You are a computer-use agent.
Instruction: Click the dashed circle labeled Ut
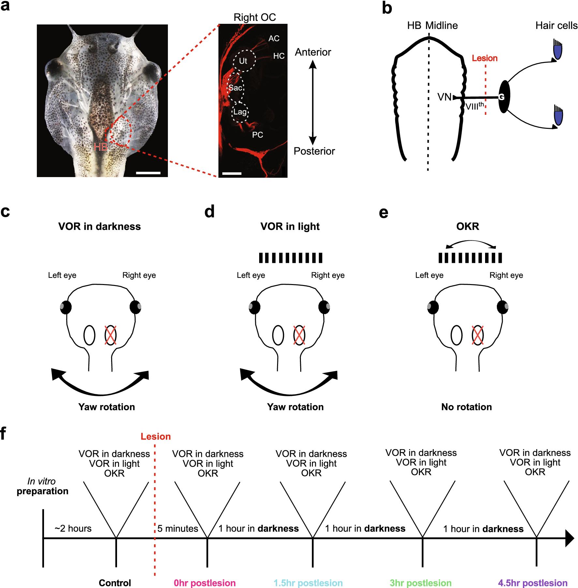point(244,61)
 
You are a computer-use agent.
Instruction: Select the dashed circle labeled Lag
point(240,112)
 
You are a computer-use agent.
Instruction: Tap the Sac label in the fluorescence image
point(235,88)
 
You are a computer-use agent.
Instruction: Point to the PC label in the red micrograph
point(258,135)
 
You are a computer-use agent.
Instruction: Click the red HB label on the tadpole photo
point(101,147)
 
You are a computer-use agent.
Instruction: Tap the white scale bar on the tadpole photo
point(148,173)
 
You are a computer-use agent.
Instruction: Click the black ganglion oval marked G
point(504,97)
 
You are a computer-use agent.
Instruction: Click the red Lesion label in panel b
point(485,58)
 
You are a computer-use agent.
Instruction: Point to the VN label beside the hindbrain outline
point(444,97)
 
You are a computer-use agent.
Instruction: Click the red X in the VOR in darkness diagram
point(110,335)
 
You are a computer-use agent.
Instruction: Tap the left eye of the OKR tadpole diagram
point(433,307)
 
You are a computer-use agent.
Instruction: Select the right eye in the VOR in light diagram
point(324,307)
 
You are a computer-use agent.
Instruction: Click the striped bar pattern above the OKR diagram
point(470,258)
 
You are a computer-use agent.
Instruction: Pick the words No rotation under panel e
point(467,407)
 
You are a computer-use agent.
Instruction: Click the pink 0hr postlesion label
point(205,583)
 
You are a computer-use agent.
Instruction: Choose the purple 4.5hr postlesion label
point(533,583)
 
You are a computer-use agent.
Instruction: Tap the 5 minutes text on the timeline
point(178,529)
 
